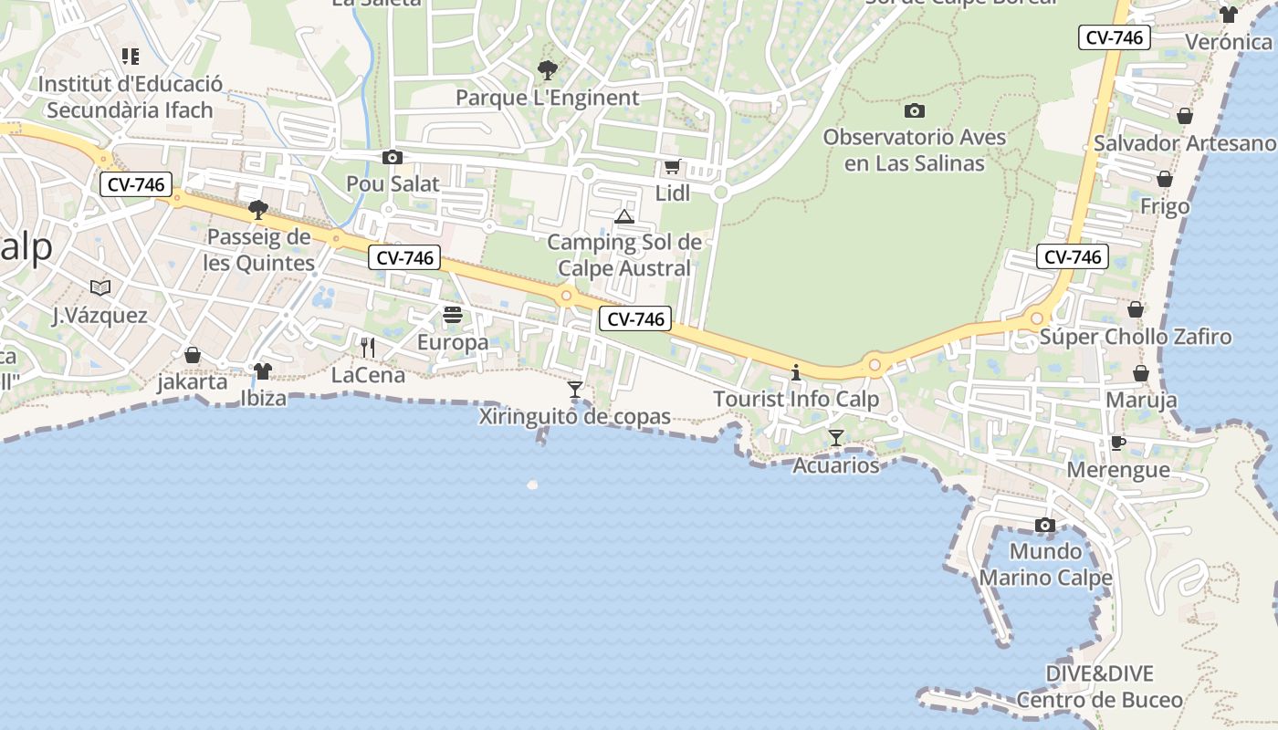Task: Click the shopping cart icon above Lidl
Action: click(x=673, y=166)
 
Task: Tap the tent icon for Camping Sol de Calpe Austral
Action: click(x=624, y=216)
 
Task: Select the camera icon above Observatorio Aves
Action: click(x=914, y=111)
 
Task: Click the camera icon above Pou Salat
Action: click(x=393, y=157)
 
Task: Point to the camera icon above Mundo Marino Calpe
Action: click(x=1045, y=525)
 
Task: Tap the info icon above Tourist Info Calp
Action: click(x=796, y=372)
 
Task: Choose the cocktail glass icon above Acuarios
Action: click(x=835, y=438)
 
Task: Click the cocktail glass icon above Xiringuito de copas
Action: click(x=575, y=390)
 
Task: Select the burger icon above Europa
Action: click(x=453, y=316)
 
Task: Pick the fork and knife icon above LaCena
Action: click(x=368, y=347)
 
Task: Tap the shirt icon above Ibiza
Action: click(x=263, y=370)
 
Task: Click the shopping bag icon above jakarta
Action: click(x=193, y=354)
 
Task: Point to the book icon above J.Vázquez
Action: click(x=100, y=287)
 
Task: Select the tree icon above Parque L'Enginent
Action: click(x=547, y=69)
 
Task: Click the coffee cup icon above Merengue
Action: click(x=1118, y=443)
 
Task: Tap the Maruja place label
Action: click(x=1141, y=400)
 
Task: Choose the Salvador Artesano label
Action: click(x=1184, y=143)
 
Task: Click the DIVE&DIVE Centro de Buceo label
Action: click(x=1099, y=687)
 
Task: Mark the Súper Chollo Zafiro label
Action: click(x=1136, y=337)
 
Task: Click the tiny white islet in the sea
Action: click(x=532, y=485)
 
